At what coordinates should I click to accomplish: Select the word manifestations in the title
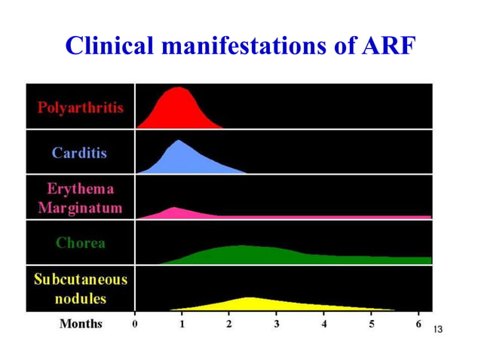click(x=251, y=47)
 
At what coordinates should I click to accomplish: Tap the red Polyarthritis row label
click(x=81, y=107)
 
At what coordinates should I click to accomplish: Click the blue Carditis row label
click(x=79, y=153)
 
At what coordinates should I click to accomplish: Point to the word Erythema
click(x=80, y=190)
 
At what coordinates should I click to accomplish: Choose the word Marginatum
click(x=80, y=208)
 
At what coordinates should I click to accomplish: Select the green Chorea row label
click(x=80, y=243)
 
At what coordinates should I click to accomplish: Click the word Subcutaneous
click(x=81, y=279)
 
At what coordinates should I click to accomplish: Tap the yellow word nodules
click(x=80, y=297)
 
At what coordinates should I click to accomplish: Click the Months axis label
click(x=81, y=324)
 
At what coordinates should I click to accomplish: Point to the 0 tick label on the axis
click(x=136, y=324)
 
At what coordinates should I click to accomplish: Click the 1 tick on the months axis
click(x=182, y=324)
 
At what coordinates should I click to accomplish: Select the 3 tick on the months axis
click(x=276, y=324)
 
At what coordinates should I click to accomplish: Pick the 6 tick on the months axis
click(x=418, y=324)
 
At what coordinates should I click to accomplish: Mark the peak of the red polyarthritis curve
click(x=179, y=87)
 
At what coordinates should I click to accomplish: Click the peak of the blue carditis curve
click(x=179, y=141)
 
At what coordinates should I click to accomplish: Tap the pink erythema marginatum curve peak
click(x=174, y=207)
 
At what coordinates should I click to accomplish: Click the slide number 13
click(x=439, y=329)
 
